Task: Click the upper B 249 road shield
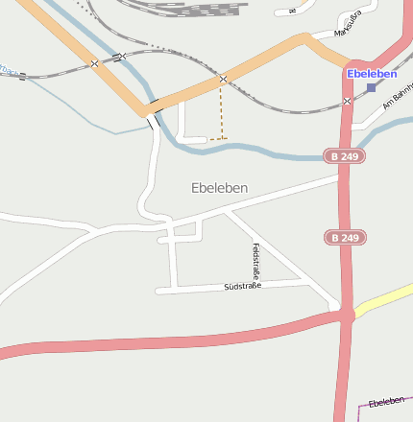pyautogui.click(x=345, y=155)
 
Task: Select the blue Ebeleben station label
pyautogui.click(x=372, y=74)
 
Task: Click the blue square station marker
pyautogui.click(x=372, y=87)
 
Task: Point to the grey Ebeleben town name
pyautogui.click(x=219, y=188)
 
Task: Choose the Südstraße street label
pyautogui.click(x=242, y=286)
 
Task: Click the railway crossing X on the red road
pyautogui.click(x=347, y=101)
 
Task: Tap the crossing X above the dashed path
pyautogui.click(x=223, y=79)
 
